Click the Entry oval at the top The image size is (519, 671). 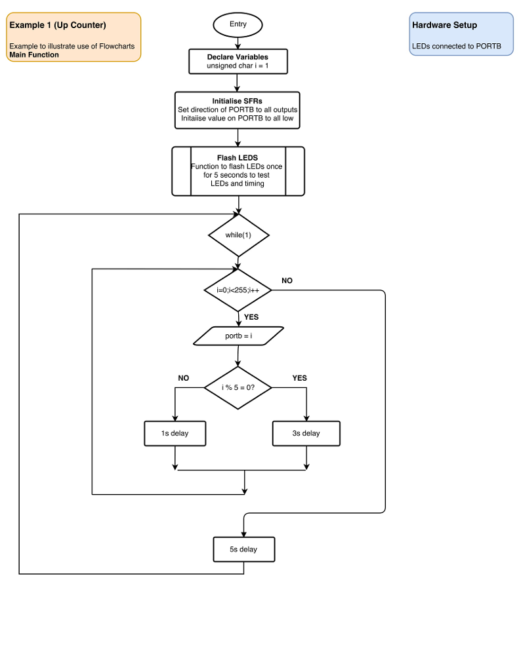pos(238,24)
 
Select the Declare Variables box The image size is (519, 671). pos(238,62)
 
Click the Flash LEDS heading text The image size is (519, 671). pos(238,158)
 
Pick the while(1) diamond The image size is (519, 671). pos(238,235)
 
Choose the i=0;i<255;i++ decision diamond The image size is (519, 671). pos(238,290)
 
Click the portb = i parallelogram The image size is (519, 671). pos(239,335)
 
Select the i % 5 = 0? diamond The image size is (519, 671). pos(238,387)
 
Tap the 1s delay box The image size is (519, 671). pos(175,433)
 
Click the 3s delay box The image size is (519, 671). pos(306,433)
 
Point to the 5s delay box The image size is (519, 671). pos(243,549)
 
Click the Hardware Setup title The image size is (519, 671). pos(444,26)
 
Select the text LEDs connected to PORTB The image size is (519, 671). pos(457,47)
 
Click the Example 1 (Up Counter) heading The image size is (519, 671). pos(58,26)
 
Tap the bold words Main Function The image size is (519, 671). pos(34,55)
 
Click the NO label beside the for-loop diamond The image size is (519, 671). pos(287,280)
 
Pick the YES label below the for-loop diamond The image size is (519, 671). pos(251,317)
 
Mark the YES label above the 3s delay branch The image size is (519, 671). pos(299,378)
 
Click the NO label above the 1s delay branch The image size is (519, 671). pos(183,378)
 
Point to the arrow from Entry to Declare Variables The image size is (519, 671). pos(238,43)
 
